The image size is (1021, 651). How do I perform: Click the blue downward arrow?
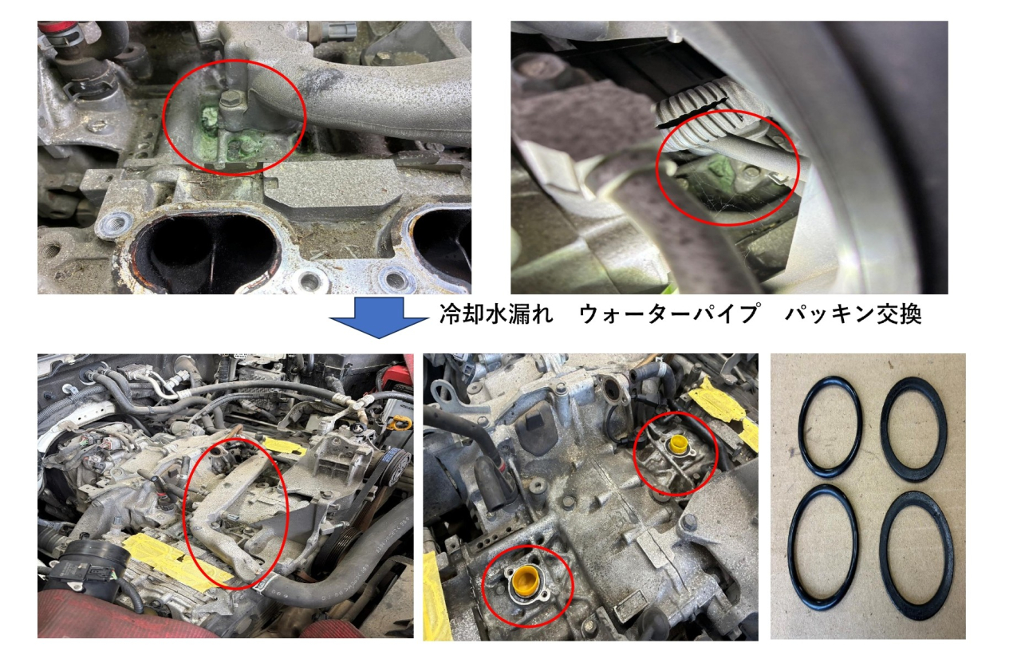(x=379, y=318)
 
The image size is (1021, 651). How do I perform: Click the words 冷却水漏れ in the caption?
(x=497, y=314)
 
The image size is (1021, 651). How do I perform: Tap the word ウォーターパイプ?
(x=669, y=314)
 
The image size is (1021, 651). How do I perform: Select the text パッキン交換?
(x=853, y=314)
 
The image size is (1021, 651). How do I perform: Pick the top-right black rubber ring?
(x=884, y=428)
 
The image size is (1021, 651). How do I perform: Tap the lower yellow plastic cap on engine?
(x=526, y=579)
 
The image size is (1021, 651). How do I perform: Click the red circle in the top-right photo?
(x=657, y=168)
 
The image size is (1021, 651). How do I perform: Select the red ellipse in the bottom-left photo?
(x=183, y=514)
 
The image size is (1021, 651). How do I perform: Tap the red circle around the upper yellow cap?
(x=634, y=454)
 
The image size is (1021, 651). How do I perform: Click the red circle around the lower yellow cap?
(x=483, y=586)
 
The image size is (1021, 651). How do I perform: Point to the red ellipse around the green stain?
(x=164, y=117)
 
